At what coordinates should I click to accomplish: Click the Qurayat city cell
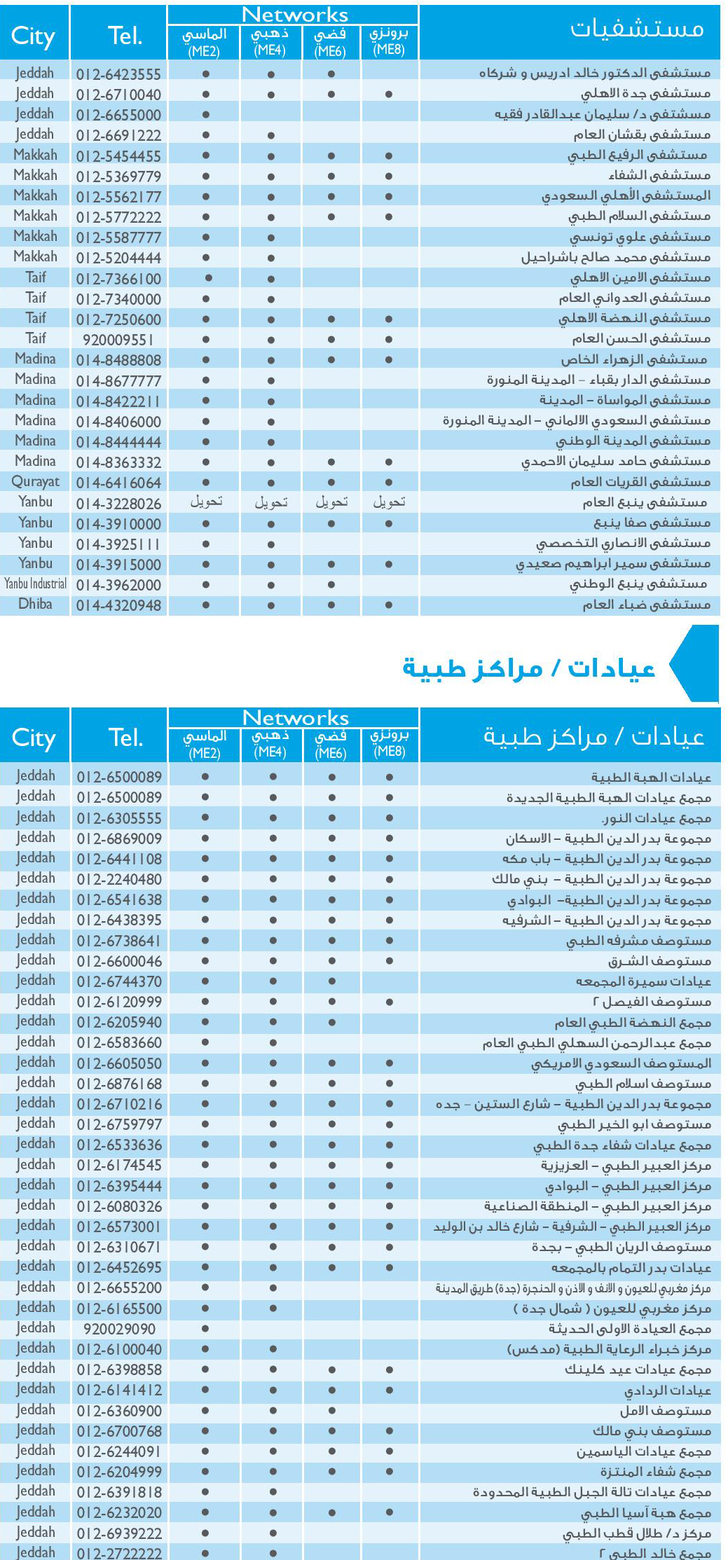coord(35,482)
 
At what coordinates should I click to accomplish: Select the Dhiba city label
coord(35,604)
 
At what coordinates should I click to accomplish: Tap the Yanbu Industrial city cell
coord(35,584)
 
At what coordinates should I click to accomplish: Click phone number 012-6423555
coord(118,74)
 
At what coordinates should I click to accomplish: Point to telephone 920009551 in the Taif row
coord(118,340)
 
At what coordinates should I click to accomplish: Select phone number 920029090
coord(119,1329)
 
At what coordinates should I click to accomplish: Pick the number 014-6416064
coord(118,483)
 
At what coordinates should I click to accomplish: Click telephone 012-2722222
coord(119,1553)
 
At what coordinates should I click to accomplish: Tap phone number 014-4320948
coord(118,605)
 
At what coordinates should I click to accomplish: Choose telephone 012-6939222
coord(119,1533)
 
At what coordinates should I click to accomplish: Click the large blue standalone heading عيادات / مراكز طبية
coord(529,668)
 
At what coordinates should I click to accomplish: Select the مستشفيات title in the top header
coord(636,29)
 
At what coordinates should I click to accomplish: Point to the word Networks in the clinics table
coord(295,718)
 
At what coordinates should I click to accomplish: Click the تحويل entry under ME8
coord(389,502)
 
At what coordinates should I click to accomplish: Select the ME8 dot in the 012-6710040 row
coord(389,95)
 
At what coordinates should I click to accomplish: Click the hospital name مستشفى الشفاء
coord(659,175)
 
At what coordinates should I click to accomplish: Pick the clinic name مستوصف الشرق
coord(659,961)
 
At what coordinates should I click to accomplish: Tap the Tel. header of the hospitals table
coord(125,35)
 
